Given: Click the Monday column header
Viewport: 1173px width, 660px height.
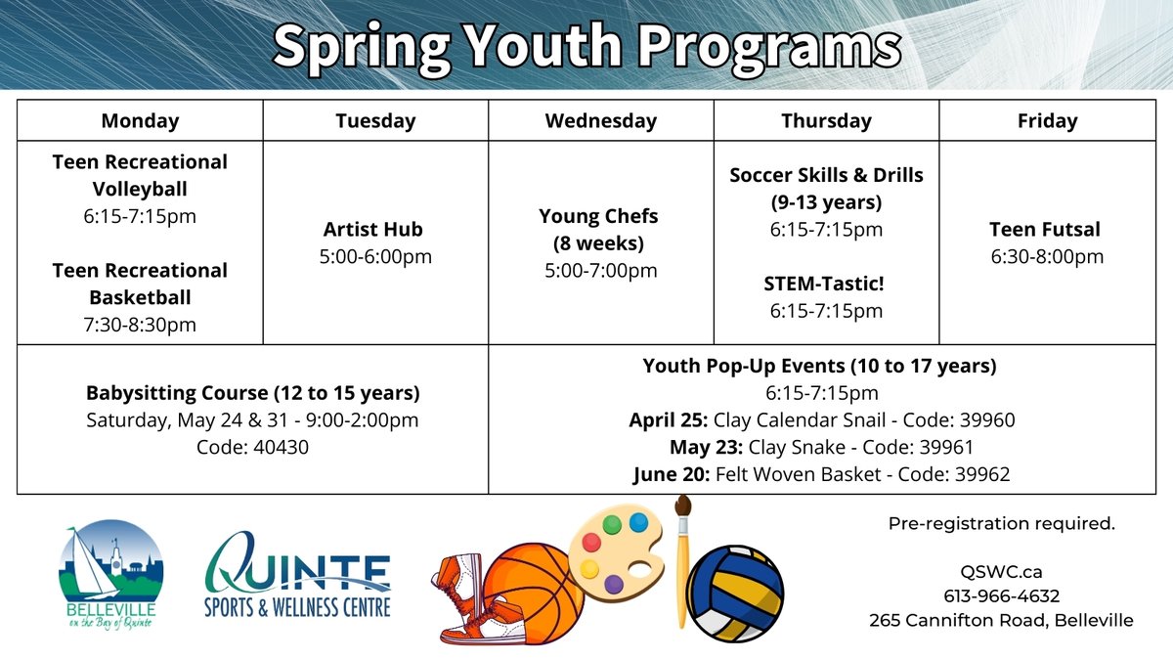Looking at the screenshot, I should (140, 121).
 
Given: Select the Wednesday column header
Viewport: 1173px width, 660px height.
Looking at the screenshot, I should (600, 121).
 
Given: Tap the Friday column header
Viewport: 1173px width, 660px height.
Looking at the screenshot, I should (1047, 121).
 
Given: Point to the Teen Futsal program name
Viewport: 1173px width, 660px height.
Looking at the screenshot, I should (1045, 230).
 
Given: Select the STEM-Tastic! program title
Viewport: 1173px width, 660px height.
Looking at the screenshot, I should (826, 285).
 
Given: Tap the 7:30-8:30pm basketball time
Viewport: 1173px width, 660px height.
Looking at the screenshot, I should (140, 324).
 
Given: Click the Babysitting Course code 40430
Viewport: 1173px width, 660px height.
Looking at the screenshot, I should (253, 447).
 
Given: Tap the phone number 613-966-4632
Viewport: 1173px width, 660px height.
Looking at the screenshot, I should (1001, 595).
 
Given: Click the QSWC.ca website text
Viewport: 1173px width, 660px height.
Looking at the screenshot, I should (1001, 572).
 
